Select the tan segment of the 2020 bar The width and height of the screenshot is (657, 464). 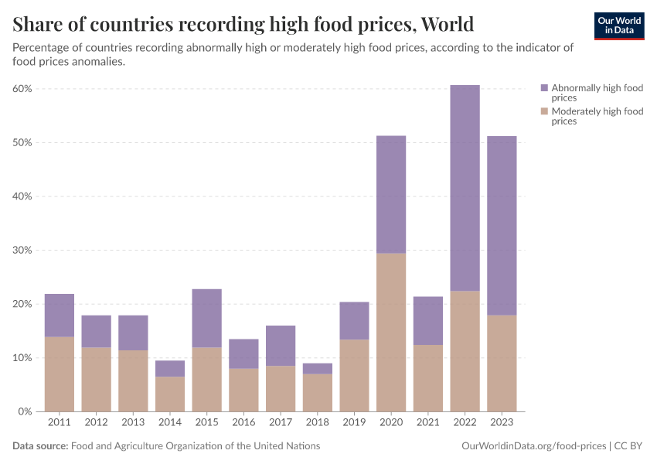click(391, 333)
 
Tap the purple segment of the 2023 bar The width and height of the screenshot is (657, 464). click(502, 226)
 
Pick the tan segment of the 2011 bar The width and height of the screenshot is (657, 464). click(60, 374)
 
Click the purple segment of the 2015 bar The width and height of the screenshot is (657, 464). click(206, 318)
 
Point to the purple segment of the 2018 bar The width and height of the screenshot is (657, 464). click(317, 369)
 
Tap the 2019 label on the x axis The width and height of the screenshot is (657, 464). click(354, 423)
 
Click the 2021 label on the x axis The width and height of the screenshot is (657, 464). click(427, 423)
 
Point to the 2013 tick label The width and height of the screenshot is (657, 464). click(133, 423)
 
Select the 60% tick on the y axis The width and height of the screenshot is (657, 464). click(22, 89)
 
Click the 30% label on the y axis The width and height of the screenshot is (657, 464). click(22, 251)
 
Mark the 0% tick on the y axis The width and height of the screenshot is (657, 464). click(25, 411)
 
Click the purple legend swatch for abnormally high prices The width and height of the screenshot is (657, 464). click(544, 88)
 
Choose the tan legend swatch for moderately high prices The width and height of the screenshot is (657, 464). click(544, 111)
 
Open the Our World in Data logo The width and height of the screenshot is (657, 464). click(618, 26)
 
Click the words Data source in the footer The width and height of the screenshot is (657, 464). click(40, 446)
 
